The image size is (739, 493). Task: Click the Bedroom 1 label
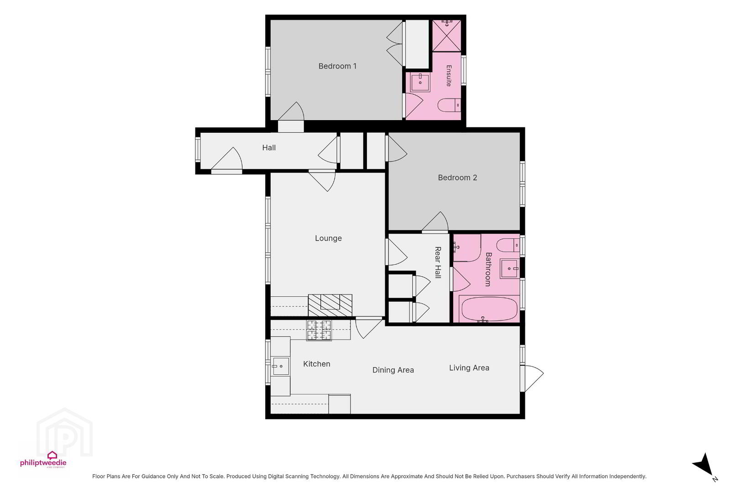pyautogui.click(x=337, y=66)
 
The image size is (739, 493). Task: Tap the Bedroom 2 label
pyautogui.click(x=457, y=178)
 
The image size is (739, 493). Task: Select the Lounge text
pyautogui.click(x=328, y=238)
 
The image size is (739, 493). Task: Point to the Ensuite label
pyautogui.click(x=449, y=76)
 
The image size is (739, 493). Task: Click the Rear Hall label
pyautogui.click(x=438, y=262)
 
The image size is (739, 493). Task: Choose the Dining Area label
pyautogui.click(x=393, y=370)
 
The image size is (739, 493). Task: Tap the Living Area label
pyautogui.click(x=469, y=368)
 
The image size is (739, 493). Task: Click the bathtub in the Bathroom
pyautogui.click(x=489, y=309)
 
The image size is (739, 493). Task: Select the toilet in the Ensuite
pyautogui.click(x=449, y=105)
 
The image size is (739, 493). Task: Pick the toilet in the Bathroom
pyautogui.click(x=508, y=245)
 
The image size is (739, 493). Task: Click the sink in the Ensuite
pyautogui.click(x=420, y=82)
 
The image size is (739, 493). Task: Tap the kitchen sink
pyautogui.click(x=280, y=366)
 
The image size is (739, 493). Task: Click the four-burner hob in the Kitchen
pyautogui.click(x=319, y=330)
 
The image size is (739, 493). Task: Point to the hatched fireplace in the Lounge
pyautogui.click(x=330, y=305)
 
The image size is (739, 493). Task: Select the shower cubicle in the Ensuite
pyautogui.click(x=447, y=36)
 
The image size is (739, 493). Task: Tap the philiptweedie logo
pyautogui.click(x=43, y=460)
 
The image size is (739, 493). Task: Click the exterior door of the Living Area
pyautogui.click(x=531, y=378)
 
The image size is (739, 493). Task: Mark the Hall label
pyautogui.click(x=269, y=147)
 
